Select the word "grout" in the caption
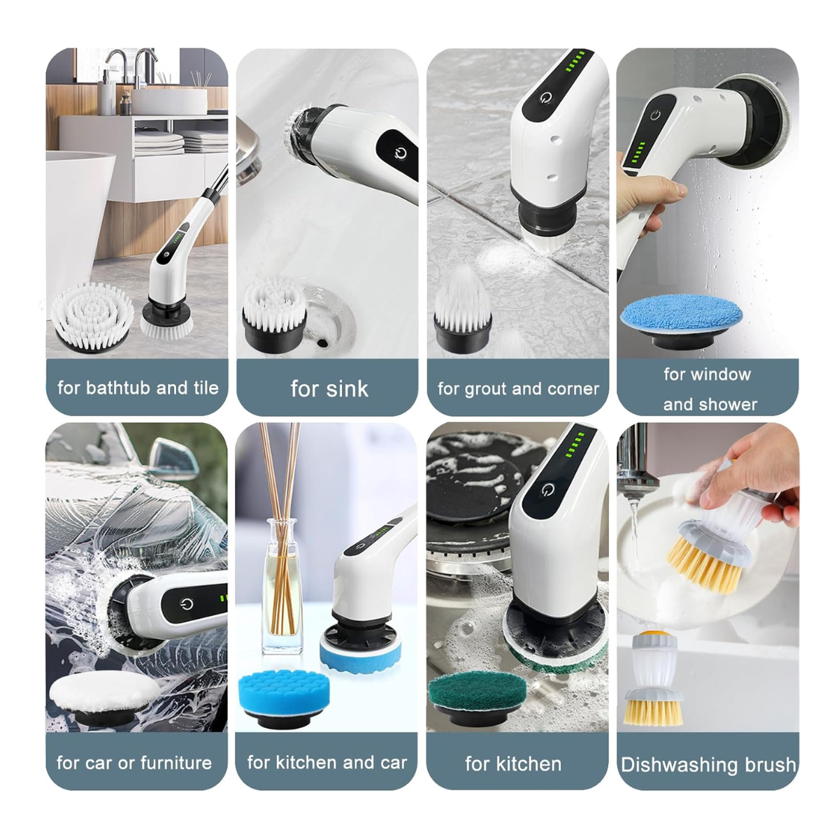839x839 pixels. [486, 389]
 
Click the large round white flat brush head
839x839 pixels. [92, 317]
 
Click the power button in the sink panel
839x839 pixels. [401, 153]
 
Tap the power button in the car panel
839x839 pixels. [187, 604]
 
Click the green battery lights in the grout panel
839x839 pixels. [576, 62]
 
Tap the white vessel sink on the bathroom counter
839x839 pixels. [169, 101]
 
